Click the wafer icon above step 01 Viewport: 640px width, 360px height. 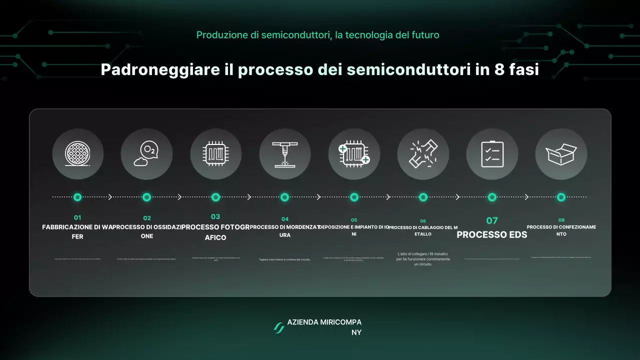click(x=77, y=154)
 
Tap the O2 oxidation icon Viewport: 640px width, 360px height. click(x=146, y=154)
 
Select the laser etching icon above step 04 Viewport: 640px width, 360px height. click(x=284, y=154)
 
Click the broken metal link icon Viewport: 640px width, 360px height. click(x=423, y=154)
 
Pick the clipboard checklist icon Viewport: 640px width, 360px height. click(x=492, y=154)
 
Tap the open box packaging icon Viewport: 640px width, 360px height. click(x=561, y=154)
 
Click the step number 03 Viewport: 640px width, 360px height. click(x=215, y=217)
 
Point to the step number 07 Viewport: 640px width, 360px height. click(x=492, y=220)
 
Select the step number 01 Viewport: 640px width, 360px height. click(x=77, y=218)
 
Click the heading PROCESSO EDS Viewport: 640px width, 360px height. click(x=492, y=234)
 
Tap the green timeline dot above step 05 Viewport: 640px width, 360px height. click(x=354, y=197)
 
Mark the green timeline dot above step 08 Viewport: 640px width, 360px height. click(x=561, y=197)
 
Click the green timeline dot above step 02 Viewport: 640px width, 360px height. click(x=146, y=197)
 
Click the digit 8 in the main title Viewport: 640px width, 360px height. click(x=499, y=69)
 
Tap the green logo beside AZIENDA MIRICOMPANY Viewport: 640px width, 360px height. click(x=278, y=327)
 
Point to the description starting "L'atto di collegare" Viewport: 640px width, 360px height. click(x=423, y=259)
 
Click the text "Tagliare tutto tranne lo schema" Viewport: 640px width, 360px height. click(x=284, y=259)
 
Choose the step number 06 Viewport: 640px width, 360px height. click(x=423, y=221)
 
